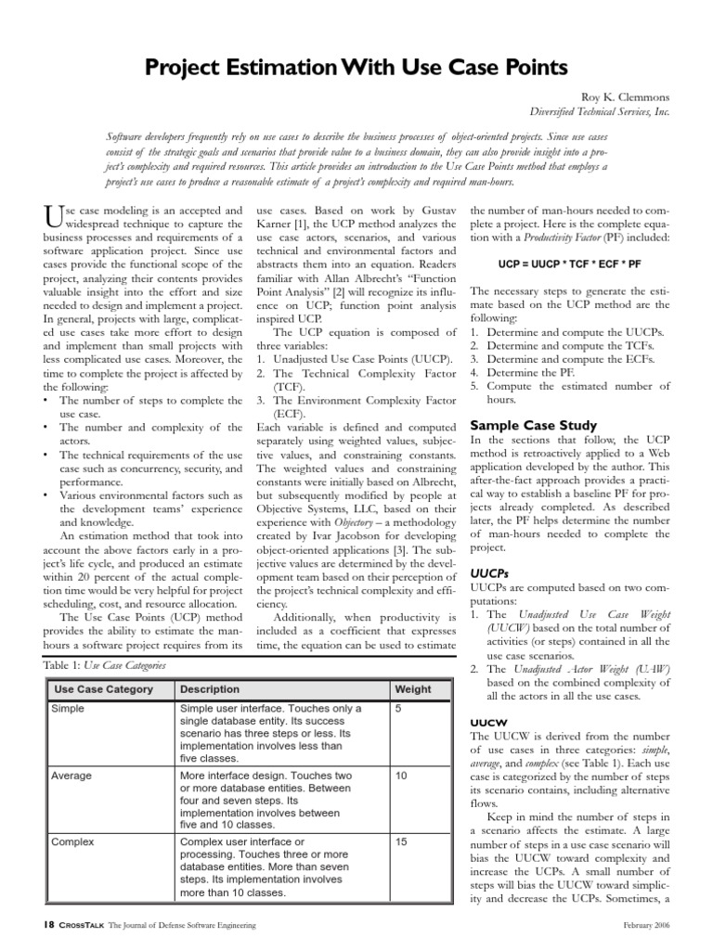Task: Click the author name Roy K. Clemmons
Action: coord(624,96)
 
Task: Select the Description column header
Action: coord(210,690)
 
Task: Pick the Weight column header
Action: coord(413,690)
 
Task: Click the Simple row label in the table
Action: coord(70,709)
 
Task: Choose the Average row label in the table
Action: coord(73,775)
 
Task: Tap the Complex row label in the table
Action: coord(75,841)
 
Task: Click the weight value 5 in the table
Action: coord(399,709)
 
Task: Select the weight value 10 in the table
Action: coord(402,775)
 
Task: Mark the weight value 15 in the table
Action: coord(402,841)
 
